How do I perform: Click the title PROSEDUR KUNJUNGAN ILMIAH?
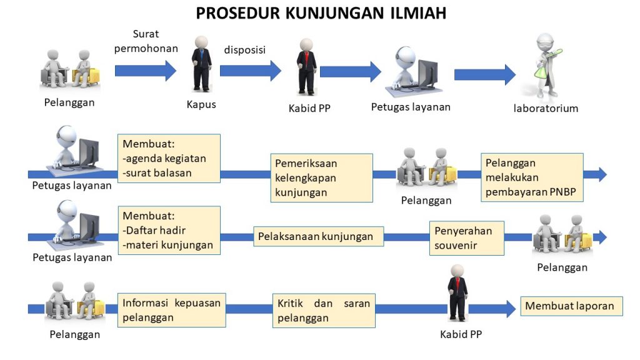(321, 13)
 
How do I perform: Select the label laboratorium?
(546, 108)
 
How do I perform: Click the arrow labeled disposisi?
(250, 71)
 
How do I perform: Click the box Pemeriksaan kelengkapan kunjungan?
(321, 177)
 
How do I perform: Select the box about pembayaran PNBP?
(532, 177)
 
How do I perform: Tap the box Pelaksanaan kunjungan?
(319, 236)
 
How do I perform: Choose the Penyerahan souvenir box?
(466, 237)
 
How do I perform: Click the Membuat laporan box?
(571, 306)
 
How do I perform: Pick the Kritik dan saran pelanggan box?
(324, 310)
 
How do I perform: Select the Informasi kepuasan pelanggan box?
(171, 309)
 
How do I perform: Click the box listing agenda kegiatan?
(168, 158)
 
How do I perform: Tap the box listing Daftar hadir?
(168, 229)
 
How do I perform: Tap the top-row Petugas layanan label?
(411, 107)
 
